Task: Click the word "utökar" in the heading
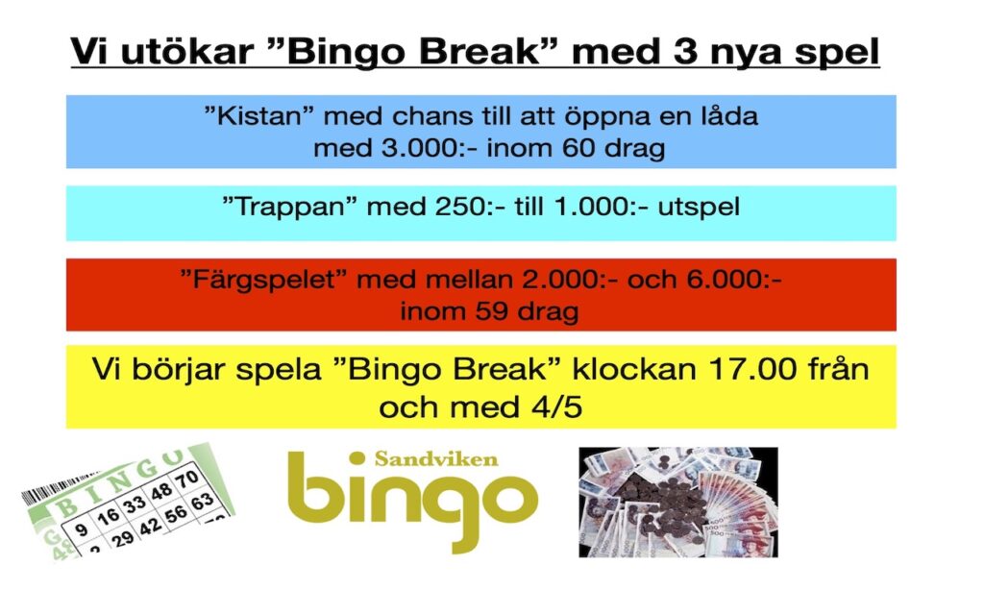[187, 51]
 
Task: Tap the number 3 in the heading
[686, 51]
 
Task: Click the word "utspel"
[699, 207]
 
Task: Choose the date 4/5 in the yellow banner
[557, 406]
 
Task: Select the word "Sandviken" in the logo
[436, 458]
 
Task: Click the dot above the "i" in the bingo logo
[357, 458]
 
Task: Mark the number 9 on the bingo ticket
[81, 529]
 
